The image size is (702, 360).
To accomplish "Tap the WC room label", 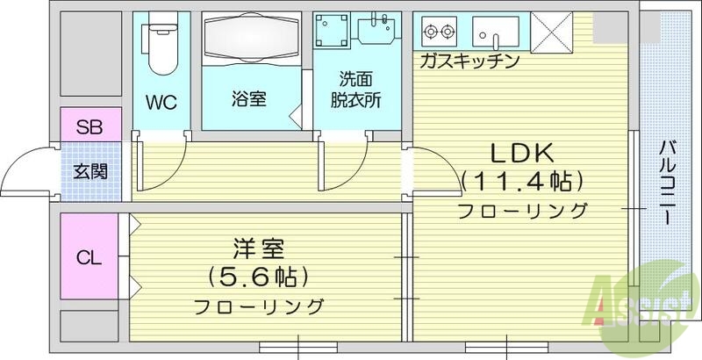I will point(161,101).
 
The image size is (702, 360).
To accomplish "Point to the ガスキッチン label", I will point(470,61).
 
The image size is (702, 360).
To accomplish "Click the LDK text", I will point(521,153).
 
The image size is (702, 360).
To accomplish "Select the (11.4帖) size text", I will point(521,182).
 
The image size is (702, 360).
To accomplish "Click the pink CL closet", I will point(89,258).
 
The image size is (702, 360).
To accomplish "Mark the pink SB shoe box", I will point(89,126).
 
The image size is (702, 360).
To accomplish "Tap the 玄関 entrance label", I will point(90,170).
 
